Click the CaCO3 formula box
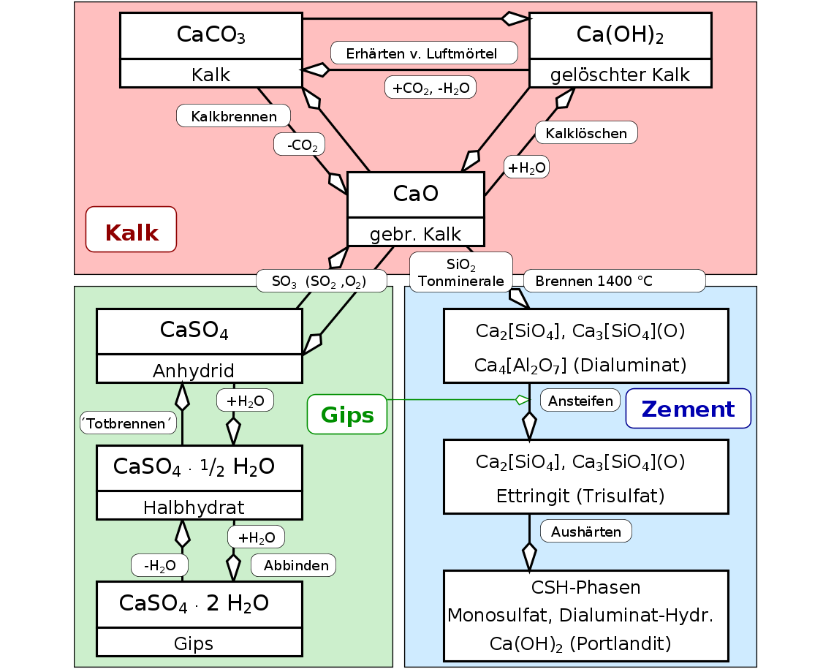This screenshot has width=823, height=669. [x=211, y=36]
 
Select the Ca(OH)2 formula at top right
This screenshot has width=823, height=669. [x=620, y=36]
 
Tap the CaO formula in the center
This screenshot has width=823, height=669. [x=415, y=194]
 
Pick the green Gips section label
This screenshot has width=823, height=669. [x=347, y=415]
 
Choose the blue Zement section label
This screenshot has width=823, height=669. [x=688, y=408]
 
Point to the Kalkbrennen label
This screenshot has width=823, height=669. [x=234, y=116]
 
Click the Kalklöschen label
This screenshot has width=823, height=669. [x=586, y=133]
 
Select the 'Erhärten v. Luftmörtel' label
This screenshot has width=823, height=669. [x=424, y=53]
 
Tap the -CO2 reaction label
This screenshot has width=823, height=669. [x=300, y=145]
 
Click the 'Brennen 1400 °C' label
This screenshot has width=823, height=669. [x=614, y=281]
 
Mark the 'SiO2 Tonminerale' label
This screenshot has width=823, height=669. [x=461, y=272]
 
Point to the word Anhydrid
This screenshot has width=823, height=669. [x=200, y=370]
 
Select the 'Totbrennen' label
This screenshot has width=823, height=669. [x=128, y=423]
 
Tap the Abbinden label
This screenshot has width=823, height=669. [x=294, y=565]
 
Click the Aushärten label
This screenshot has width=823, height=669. [x=585, y=531]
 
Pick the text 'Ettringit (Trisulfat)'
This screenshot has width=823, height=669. [x=580, y=496]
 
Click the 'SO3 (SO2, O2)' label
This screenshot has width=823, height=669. [x=321, y=281]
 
